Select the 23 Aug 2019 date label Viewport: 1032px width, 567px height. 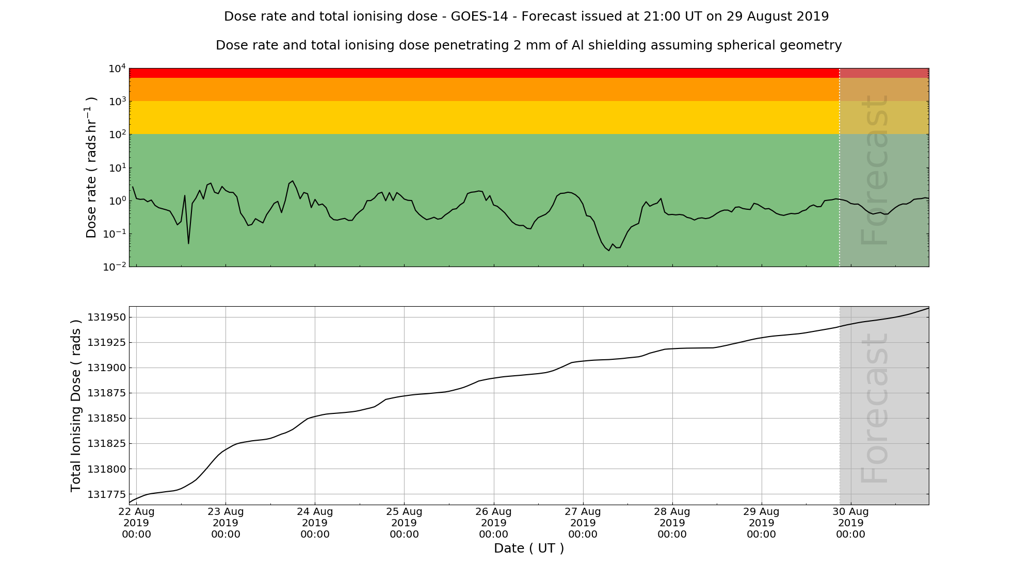pos(225,523)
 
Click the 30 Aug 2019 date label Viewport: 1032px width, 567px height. pos(850,523)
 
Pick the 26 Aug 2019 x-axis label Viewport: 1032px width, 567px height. pos(493,523)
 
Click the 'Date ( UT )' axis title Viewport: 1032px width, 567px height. pos(529,548)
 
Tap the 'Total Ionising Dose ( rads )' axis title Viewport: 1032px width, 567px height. pos(76,406)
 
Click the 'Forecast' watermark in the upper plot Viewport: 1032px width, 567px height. pos(875,170)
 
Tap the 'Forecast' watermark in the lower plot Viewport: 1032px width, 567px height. pos(875,408)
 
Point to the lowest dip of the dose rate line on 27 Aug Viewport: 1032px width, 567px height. pos(609,251)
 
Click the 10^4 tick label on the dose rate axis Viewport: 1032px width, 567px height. pos(117,69)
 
